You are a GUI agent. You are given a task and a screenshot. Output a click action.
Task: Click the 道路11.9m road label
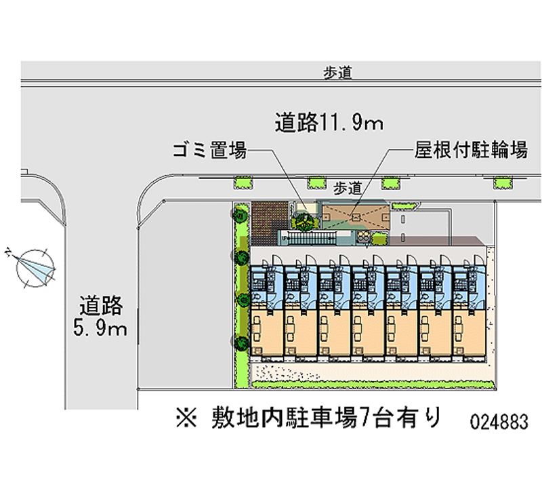point(329,122)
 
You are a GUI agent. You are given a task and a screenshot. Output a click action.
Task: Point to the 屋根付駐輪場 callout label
point(471,151)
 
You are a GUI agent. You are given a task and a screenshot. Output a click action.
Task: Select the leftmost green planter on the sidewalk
point(243,181)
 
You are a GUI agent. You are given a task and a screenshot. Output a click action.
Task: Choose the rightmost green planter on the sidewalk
point(502,181)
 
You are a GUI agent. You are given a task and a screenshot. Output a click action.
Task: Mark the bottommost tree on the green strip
point(240,341)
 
